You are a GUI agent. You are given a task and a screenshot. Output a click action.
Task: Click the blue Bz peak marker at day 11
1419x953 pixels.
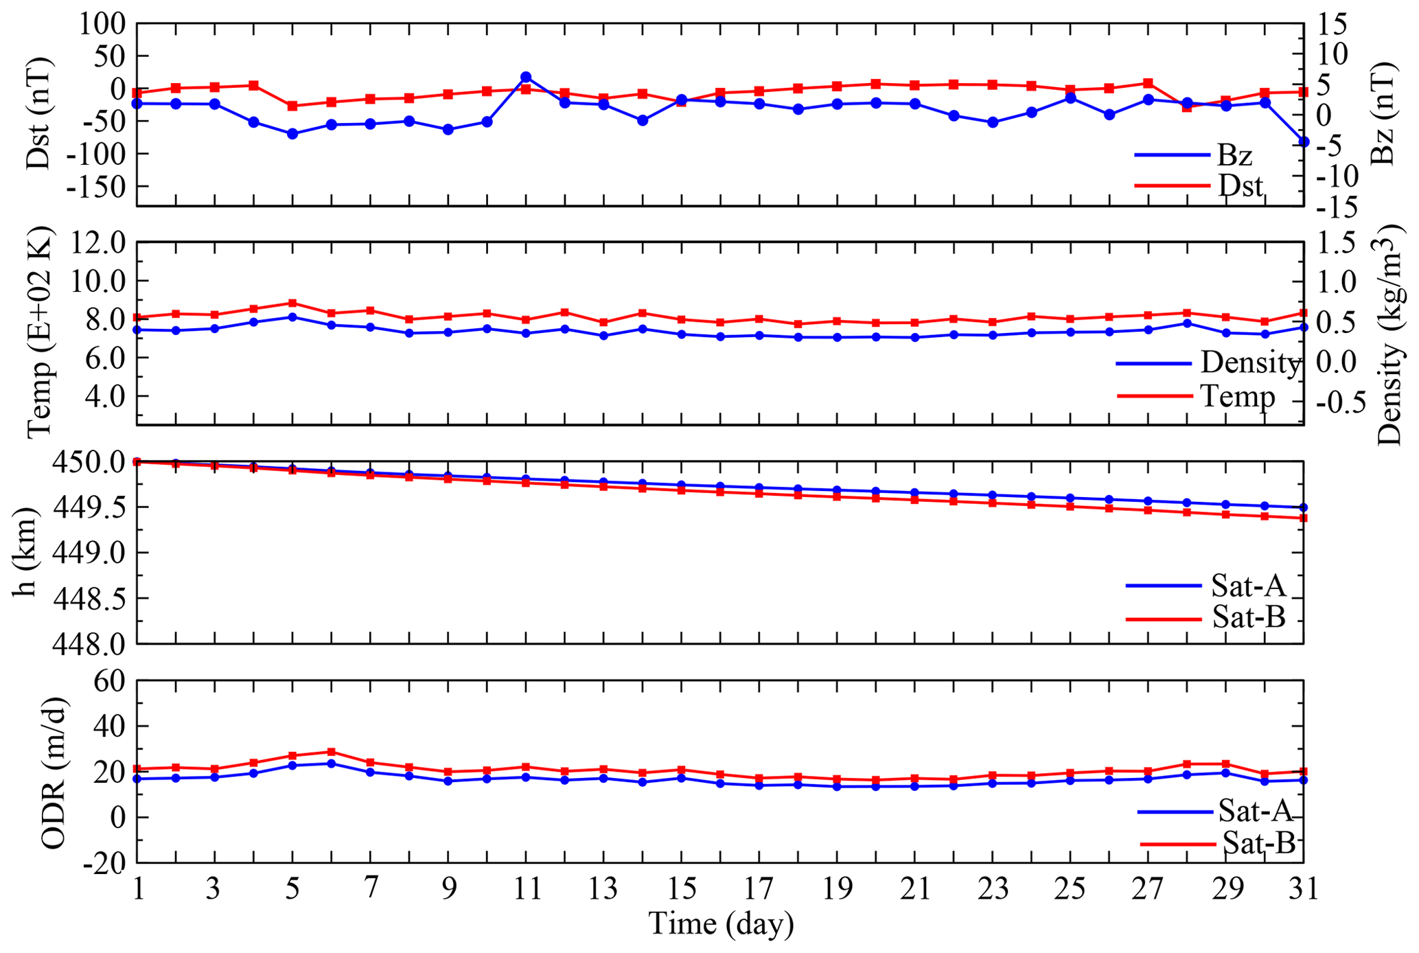coord(526,77)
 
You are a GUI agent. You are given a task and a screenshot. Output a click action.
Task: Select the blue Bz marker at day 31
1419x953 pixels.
coord(1304,142)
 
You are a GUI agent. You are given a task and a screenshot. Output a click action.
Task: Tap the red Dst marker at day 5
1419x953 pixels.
coord(292,106)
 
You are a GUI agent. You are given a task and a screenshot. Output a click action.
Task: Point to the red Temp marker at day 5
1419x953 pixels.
coord(292,303)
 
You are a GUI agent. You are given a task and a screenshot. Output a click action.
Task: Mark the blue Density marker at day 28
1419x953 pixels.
coord(1187,323)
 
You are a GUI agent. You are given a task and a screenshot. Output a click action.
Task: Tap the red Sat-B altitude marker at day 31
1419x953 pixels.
coord(1304,518)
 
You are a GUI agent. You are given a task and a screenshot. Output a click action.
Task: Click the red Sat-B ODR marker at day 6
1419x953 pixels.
coord(332,752)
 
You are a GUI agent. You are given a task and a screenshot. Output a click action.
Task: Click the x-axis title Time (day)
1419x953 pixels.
coord(721,924)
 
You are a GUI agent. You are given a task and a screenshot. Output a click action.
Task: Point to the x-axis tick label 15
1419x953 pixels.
coord(681,890)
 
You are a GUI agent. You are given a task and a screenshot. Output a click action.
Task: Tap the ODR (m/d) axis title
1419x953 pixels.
coord(54,772)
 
